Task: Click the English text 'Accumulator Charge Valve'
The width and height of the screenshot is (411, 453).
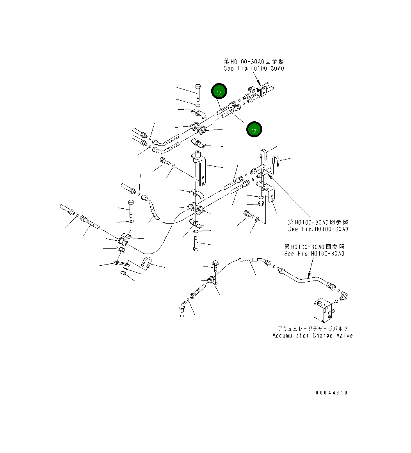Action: click(312, 336)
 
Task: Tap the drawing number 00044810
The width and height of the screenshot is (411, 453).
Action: click(331, 393)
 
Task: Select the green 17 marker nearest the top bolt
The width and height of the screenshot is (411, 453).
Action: click(219, 92)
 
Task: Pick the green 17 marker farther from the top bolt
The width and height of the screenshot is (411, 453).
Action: click(254, 130)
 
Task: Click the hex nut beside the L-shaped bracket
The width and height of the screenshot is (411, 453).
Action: click(261, 204)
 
